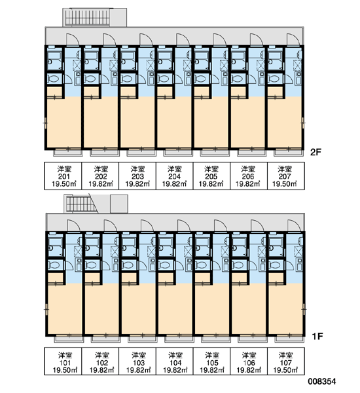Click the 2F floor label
coord(315,152)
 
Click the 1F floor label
coord(317,336)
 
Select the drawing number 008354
coord(321,381)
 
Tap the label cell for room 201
coord(63,176)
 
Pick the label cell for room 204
coord(174,176)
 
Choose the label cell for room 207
coord(286,176)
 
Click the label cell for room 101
coord(63,362)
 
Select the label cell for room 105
coord(211,362)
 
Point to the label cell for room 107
coord(286,362)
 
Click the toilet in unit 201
coord(54,79)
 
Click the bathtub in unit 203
coord(128,59)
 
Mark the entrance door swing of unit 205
coord(220,39)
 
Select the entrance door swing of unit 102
coord(111,225)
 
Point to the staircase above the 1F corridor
coord(81,204)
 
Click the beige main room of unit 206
coord(248,123)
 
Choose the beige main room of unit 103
coord(139,309)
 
